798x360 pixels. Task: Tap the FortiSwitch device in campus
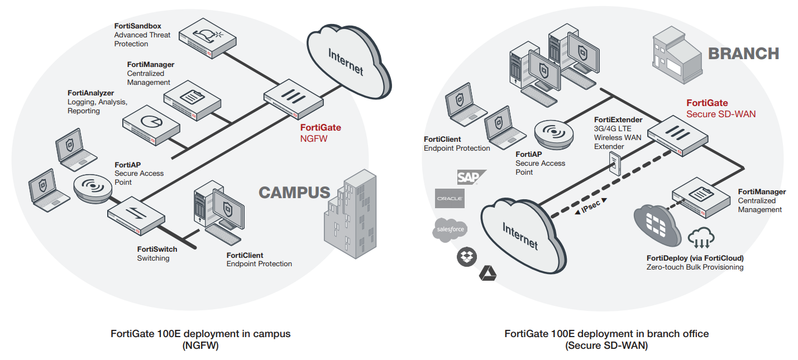point(136,215)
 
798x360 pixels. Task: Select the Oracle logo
point(450,199)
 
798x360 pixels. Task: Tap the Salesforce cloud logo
point(450,230)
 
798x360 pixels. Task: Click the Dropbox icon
point(466,257)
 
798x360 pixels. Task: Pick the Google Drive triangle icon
point(488,273)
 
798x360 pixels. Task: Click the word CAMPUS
point(294,193)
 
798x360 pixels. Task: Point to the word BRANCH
point(743,54)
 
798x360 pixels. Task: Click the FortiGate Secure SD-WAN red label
point(720,109)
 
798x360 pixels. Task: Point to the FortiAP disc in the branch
point(554,135)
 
